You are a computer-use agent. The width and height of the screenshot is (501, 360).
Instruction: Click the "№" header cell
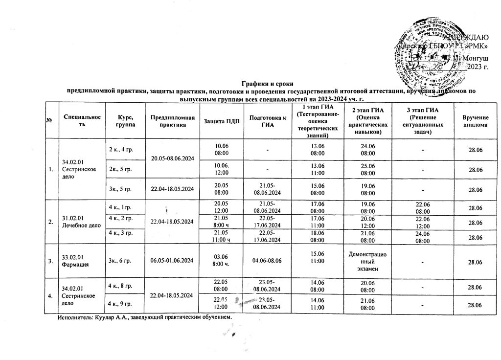tap(50, 121)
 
